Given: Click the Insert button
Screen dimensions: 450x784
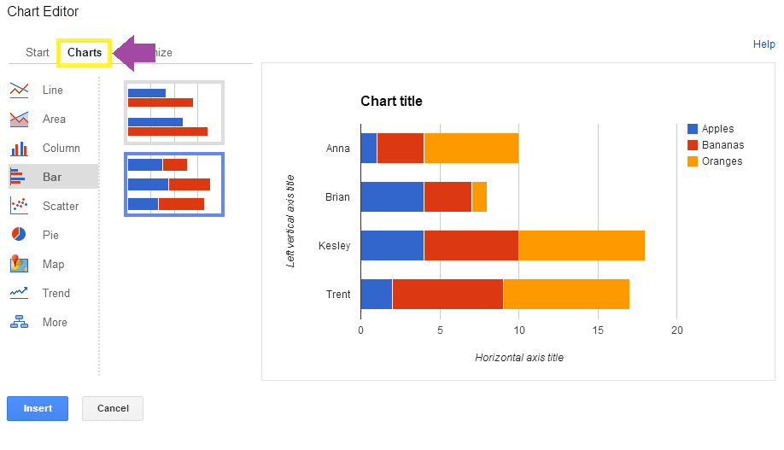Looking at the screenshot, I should coord(38,408).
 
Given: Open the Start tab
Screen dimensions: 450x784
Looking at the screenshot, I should coord(38,52).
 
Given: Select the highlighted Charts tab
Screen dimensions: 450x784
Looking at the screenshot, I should coord(85,52).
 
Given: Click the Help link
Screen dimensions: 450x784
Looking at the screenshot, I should coord(764,44).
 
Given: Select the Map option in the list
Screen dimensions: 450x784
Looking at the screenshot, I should coord(53,264).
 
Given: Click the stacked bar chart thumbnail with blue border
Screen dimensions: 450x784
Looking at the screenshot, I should coord(174,184).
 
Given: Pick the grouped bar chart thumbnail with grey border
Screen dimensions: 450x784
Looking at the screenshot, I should coord(174,113).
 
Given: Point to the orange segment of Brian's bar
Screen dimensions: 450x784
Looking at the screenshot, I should coord(479,196).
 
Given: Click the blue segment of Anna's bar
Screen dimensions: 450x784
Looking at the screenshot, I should coord(368,148).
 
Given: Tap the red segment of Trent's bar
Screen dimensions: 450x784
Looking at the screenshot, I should coord(448,294).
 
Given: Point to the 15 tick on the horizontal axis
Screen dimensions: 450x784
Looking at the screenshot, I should coord(598,330).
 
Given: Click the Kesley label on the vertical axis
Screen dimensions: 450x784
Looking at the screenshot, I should coord(335,246).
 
